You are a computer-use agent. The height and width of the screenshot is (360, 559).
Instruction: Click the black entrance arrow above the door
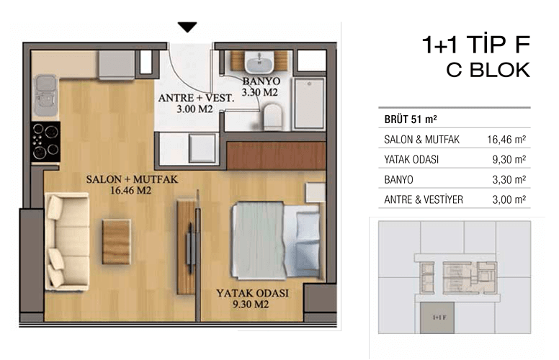tap(187, 27)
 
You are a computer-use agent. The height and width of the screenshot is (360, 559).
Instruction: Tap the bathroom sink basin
tap(259, 62)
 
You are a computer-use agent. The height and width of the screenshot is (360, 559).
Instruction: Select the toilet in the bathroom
tap(272, 116)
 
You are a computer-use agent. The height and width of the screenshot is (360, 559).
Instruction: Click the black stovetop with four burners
tap(45, 142)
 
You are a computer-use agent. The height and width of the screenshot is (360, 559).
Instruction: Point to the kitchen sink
tap(45, 95)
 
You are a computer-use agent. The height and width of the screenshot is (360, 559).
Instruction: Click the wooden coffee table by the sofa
tap(116, 242)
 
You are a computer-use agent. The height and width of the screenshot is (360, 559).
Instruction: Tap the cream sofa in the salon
tap(67, 241)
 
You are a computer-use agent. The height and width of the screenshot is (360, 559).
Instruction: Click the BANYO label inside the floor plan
tap(261, 81)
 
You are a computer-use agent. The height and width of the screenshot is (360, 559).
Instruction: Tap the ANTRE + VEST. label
tap(196, 98)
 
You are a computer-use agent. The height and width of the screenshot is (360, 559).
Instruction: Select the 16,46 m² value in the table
tap(506, 140)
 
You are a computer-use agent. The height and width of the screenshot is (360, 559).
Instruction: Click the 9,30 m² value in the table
tap(509, 159)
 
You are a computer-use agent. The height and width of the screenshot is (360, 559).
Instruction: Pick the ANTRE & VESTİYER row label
tap(424, 199)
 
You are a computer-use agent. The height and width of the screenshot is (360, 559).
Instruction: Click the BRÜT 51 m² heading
tap(411, 119)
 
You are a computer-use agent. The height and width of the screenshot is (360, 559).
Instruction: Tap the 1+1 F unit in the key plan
tap(437, 318)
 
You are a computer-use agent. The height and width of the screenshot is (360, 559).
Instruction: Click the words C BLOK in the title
tap(488, 70)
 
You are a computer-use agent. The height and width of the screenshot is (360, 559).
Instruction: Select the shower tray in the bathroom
tap(309, 104)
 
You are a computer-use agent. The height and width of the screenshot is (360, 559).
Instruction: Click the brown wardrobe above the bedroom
tap(277, 156)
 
